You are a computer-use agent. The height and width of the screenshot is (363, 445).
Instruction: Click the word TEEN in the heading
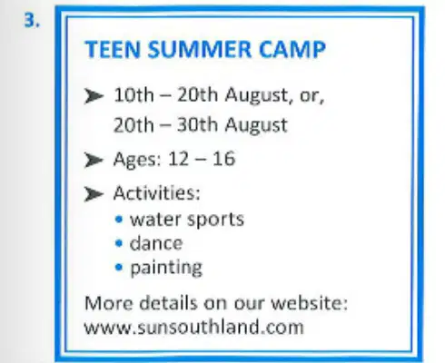113,49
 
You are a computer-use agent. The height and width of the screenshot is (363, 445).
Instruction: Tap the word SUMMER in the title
200,49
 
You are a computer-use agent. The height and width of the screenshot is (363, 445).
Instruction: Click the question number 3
32,21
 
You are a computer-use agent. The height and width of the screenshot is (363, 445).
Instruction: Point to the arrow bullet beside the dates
94,96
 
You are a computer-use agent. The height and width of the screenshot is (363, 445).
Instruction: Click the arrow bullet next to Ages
94,160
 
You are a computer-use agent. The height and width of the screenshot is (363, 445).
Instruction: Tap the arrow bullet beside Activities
94,194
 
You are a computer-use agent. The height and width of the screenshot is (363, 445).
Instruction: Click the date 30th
197,124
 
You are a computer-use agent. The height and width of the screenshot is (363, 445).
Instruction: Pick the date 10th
133,95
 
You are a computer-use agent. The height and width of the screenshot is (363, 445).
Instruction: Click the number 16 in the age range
223,159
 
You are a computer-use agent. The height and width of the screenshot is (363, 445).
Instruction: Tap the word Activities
157,192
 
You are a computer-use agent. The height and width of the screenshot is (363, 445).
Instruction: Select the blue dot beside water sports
119,219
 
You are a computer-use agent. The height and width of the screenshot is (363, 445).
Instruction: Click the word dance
156,243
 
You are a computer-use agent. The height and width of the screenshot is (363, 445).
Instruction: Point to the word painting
166,268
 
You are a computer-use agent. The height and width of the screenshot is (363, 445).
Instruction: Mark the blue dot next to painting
119,268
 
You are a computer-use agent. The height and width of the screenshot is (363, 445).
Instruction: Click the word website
309,303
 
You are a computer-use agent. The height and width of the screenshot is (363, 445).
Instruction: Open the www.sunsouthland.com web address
193,327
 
